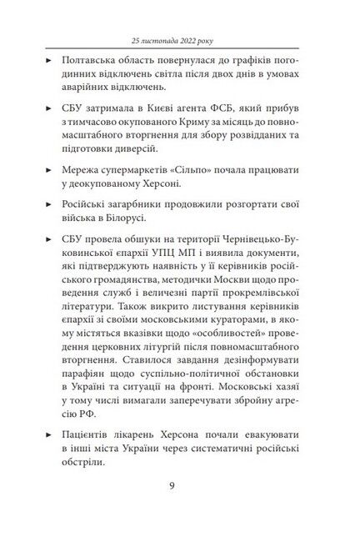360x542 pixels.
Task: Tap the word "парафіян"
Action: tap(87, 373)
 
